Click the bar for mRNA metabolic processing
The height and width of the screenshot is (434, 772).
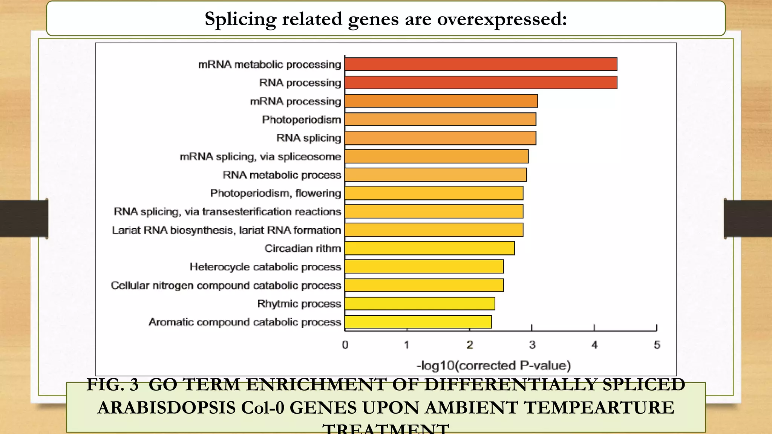point(481,64)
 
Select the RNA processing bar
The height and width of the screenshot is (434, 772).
point(481,83)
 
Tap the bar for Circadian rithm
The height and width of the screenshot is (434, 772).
point(429,248)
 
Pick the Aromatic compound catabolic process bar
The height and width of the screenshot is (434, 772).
point(418,322)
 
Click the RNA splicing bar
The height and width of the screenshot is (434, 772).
point(440,138)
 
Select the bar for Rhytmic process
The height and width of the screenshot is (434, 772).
point(420,304)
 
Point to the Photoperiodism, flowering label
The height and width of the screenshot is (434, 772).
point(275,193)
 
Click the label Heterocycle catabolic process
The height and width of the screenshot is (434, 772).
point(265,267)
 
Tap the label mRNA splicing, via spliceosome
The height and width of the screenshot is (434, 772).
point(260,156)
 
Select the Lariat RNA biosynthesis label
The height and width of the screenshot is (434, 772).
point(226,230)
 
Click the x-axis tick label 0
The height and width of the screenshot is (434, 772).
point(345,345)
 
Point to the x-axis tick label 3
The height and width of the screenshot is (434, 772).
point(532,345)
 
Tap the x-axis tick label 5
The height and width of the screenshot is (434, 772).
point(657,345)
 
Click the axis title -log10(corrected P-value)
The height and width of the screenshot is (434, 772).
point(493,365)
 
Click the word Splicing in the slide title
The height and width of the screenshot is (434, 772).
point(240,19)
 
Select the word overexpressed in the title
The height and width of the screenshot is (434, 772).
point(501,19)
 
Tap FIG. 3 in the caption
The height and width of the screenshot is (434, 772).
point(112,385)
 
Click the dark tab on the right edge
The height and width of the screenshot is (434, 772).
point(747,219)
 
